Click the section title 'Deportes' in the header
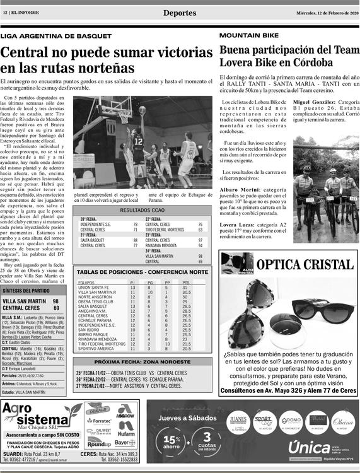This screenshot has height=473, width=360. click(179, 13)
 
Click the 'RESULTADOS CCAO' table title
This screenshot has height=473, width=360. click(142, 210)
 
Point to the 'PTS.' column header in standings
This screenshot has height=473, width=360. click(186, 283)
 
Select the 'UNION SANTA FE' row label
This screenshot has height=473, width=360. click(93, 288)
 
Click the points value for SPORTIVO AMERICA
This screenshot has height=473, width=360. click(186, 348)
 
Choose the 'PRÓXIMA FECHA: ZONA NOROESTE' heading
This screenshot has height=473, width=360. click(141, 362)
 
